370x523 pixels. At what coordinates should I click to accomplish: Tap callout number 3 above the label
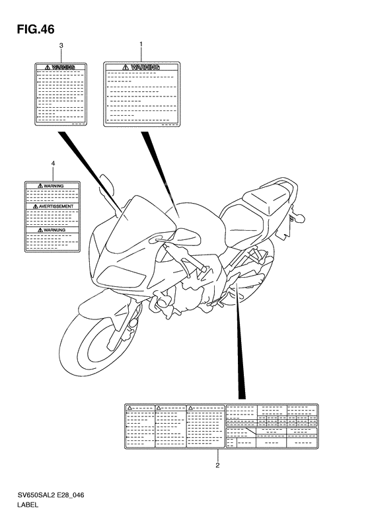(x=61, y=46)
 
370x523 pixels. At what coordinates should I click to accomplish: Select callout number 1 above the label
(x=141, y=45)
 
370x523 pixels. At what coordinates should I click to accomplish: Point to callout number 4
(x=52, y=163)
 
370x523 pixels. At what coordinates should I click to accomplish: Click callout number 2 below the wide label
(x=217, y=465)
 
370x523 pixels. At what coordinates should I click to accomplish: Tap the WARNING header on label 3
(x=61, y=67)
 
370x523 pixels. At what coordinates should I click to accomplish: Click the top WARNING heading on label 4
(x=53, y=186)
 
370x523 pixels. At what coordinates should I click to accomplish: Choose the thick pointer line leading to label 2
(x=240, y=350)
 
